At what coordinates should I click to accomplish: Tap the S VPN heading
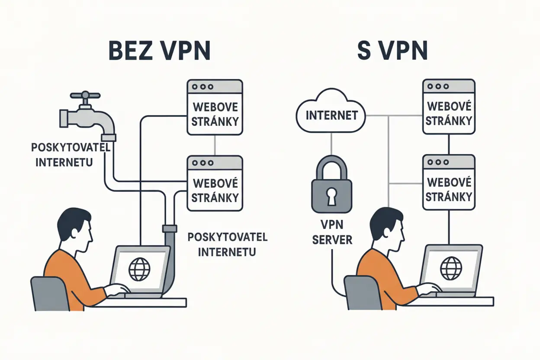tap(392, 51)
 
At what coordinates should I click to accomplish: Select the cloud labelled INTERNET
tap(331, 115)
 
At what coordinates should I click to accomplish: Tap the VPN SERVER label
tap(332, 233)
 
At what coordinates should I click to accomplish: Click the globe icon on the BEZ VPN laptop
tap(140, 269)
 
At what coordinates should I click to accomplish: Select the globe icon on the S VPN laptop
tap(451, 267)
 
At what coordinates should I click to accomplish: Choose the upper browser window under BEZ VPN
tap(215, 107)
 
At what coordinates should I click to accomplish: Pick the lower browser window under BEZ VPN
tap(215, 183)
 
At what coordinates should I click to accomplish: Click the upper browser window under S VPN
tap(448, 107)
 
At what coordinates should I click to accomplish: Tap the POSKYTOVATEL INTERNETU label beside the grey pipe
tap(227, 244)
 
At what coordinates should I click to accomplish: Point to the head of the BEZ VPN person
tap(75, 228)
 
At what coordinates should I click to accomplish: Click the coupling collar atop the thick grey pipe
tap(169, 228)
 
